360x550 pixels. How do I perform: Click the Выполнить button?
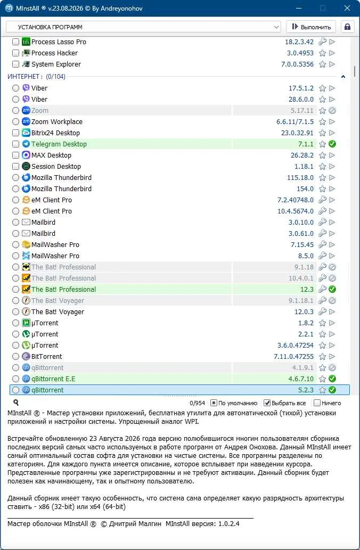(311, 27)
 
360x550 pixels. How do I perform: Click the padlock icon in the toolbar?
(347, 27)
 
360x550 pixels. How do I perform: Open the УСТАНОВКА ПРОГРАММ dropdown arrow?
(276, 27)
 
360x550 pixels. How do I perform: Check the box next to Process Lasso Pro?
(15, 42)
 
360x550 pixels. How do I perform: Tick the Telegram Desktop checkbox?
(15, 144)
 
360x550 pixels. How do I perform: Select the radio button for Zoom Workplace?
(15, 122)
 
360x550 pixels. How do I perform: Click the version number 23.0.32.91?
(297, 133)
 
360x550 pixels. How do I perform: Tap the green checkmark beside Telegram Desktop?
(332, 144)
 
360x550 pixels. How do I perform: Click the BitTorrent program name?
(47, 356)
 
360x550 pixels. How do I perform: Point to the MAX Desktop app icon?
(26, 155)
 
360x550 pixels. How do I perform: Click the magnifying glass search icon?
(16, 403)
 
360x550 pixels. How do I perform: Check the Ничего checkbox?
(317, 403)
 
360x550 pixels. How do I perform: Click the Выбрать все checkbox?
(267, 403)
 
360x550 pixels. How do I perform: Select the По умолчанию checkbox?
(214, 403)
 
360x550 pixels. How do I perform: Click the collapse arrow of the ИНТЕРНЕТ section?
(343, 77)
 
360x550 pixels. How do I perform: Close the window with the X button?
(347, 8)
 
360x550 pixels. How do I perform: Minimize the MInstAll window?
(299, 8)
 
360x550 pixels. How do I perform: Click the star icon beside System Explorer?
(322, 64)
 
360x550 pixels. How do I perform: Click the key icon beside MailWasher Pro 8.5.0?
(322, 256)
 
